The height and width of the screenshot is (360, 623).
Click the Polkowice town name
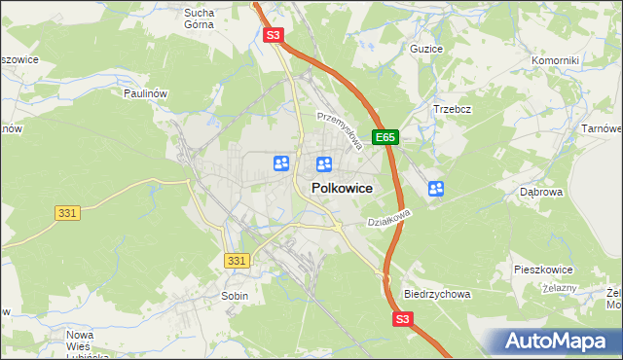click(x=341, y=189)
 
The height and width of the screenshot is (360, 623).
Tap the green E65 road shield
click(x=386, y=138)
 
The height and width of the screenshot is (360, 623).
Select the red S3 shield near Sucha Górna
click(x=274, y=35)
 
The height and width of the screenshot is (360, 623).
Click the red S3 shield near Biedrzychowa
click(x=404, y=318)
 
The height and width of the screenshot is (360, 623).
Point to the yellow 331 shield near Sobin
click(x=237, y=261)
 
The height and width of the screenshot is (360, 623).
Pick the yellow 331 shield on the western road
click(x=66, y=212)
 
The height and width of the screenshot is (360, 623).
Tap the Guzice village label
click(x=426, y=48)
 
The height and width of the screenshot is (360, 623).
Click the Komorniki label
click(x=555, y=60)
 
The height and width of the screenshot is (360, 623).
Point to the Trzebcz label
click(x=453, y=109)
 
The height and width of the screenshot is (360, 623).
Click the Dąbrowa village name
click(x=542, y=193)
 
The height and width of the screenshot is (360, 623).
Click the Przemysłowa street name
click(x=340, y=129)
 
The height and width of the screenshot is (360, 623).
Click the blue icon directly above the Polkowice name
click(x=325, y=165)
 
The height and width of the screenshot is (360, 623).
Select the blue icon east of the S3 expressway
click(x=436, y=189)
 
